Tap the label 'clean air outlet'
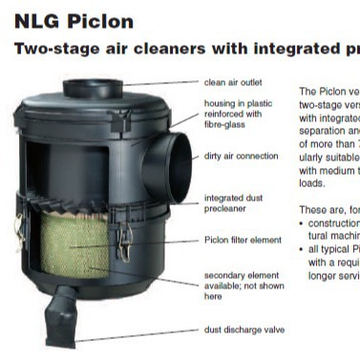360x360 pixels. pyautogui.click(x=234, y=84)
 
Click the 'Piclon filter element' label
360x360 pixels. pyautogui.click(x=243, y=241)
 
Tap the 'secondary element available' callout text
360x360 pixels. pyautogui.click(x=235, y=284)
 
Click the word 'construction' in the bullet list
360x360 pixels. pyautogui.click(x=333, y=222)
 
